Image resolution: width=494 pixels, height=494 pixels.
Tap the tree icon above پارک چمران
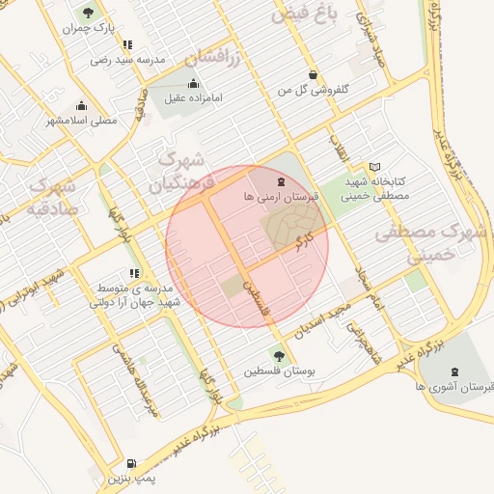click(x=89, y=13)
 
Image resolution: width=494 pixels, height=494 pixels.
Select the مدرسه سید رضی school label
click(x=128, y=60)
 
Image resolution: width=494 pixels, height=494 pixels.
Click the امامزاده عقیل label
click(x=194, y=97)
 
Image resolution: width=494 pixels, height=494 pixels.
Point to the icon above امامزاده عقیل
click(x=194, y=82)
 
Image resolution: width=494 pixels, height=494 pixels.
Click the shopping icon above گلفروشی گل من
click(x=313, y=75)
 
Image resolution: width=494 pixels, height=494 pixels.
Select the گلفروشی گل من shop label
click(x=313, y=90)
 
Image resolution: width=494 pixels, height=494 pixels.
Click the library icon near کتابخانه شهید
click(x=374, y=166)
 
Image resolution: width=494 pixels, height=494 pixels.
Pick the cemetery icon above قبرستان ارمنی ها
click(x=280, y=181)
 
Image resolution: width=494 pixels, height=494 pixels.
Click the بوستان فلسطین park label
click(x=280, y=370)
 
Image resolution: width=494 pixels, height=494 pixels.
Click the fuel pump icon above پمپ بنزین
click(x=131, y=463)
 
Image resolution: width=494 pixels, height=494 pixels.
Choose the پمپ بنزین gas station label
click(x=131, y=479)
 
